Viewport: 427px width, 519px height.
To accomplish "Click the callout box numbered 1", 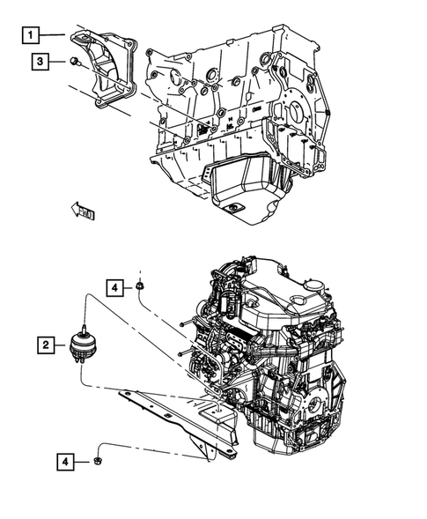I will click(31, 35).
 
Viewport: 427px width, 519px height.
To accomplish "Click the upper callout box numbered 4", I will click(116, 286).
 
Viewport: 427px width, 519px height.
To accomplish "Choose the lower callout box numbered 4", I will click(68, 460).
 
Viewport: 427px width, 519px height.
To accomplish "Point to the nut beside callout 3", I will click(74, 61).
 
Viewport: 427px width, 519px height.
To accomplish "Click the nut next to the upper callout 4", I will click(140, 285).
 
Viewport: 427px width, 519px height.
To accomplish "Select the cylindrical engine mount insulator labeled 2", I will click(85, 348).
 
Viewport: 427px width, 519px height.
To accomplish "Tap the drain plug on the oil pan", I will click(232, 209).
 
